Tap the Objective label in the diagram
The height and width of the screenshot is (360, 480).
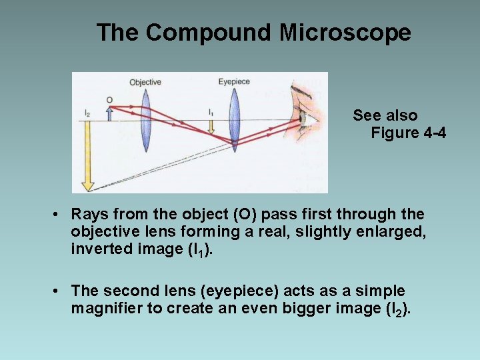pos(145,82)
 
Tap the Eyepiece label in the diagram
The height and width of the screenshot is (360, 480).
pos(234,81)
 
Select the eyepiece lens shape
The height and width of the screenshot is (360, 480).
pos(234,120)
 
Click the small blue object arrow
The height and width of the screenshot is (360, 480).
pos(109,114)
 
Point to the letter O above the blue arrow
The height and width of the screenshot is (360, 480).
pos(109,100)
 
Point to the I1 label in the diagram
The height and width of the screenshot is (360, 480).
pos(211,112)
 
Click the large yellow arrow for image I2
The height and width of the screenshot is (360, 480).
pos(85,157)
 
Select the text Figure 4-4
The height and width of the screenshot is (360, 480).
pos(408,133)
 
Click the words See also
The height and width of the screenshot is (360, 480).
pos(385,115)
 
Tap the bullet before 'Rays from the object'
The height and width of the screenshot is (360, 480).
pos(59,215)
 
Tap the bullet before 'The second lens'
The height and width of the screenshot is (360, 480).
pos(59,291)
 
